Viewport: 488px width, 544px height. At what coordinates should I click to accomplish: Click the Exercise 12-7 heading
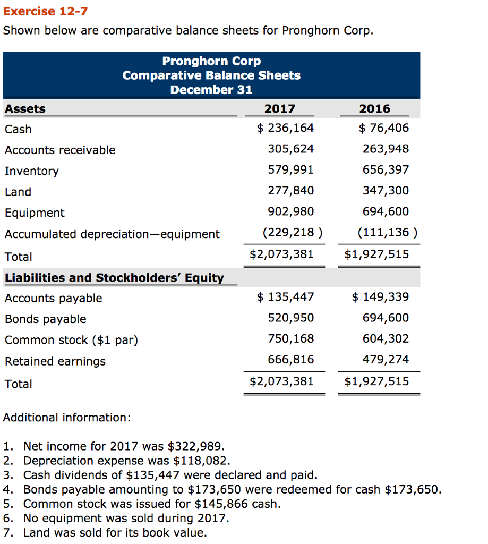(x=38, y=10)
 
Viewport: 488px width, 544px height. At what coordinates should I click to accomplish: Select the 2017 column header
(x=280, y=109)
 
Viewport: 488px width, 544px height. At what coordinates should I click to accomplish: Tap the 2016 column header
(x=375, y=109)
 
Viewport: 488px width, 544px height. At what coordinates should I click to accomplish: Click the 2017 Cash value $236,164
(x=285, y=128)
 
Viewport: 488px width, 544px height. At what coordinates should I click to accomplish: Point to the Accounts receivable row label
(x=60, y=150)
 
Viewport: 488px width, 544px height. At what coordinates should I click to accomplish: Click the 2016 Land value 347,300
(x=386, y=191)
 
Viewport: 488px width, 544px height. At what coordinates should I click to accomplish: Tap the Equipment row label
(x=35, y=213)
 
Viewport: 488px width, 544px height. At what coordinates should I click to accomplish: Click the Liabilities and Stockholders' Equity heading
(x=114, y=278)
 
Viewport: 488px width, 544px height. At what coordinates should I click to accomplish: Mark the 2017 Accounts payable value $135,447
(x=285, y=297)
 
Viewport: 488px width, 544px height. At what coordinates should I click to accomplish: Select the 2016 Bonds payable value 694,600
(x=386, y=318)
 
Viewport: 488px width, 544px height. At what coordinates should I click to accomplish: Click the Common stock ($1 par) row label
(x=71, y=340)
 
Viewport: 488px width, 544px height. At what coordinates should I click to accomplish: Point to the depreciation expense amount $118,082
(x=202, y=461)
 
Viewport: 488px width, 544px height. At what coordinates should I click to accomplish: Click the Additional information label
(x=67, y=418)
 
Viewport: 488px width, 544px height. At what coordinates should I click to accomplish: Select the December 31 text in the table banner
(x=211, y=89)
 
